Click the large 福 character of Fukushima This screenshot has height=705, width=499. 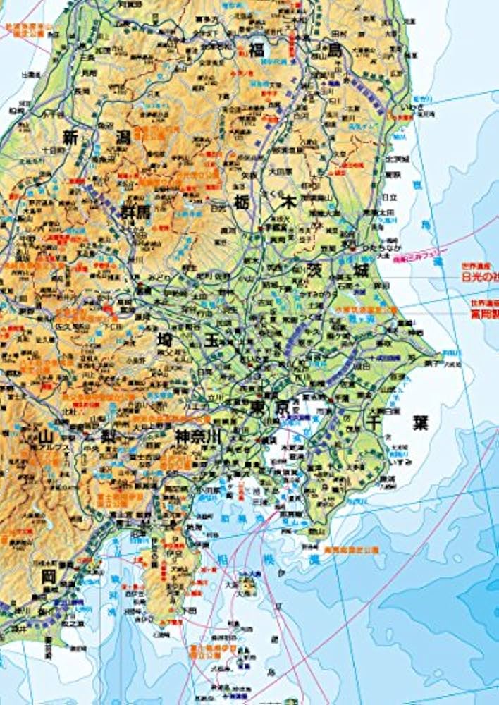tap(257, 49)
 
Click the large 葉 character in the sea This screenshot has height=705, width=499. tap(421, 423)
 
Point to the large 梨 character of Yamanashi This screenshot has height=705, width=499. tap(109, 436)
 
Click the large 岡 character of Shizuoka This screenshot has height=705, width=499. tap(48, 577)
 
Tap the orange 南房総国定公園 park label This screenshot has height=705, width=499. tap(351, 548)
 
